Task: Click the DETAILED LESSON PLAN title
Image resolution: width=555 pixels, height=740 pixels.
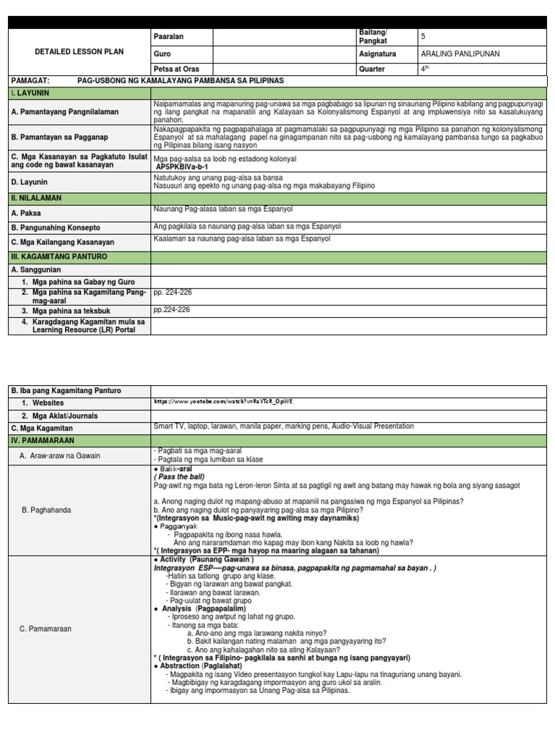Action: [x=79, y=52]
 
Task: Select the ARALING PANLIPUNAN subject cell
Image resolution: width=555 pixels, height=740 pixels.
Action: [x=459, y=53]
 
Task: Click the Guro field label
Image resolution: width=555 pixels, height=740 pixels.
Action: [x=161, y=53]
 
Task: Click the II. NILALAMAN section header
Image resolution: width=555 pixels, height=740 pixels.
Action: [x=36, y=197]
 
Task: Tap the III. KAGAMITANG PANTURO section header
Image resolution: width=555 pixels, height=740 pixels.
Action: [x=59, y=256]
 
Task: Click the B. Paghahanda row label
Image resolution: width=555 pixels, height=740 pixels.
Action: [x=46, y=509]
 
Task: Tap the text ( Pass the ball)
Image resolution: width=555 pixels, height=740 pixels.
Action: [x=179, y=477]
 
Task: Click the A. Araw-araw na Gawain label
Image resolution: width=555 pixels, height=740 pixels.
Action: [x=60, y=455]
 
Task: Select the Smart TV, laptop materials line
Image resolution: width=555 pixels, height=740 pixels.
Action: [x=283, y=426]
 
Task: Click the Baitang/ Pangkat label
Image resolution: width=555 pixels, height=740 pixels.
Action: [x=373, y=37]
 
